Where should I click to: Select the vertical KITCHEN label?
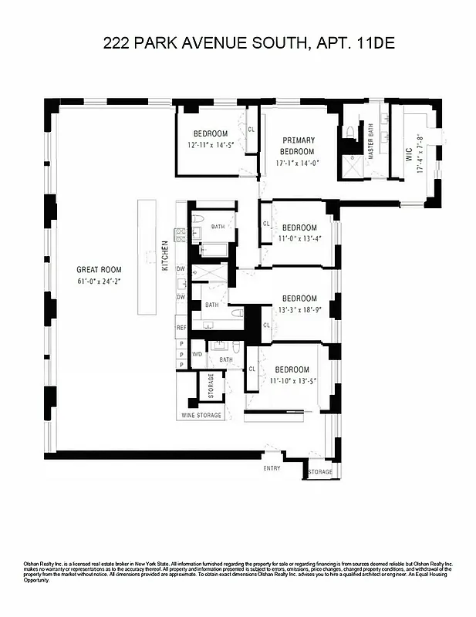(x=164, y=255)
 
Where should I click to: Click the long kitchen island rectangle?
(x=147, y=257)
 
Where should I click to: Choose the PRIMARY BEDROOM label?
(x=298, y=146)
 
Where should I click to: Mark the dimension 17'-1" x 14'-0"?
(x=298, y=163)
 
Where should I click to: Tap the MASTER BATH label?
(x=371, y=143)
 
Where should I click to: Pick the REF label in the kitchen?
(x=181, y=327)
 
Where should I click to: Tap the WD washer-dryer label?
(x=197, y=354)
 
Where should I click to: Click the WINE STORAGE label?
(x=201, y=415)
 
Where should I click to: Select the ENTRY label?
(x=272, y=468)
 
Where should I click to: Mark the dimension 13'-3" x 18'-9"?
(x=299, y=310)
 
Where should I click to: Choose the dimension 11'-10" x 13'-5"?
(x=293, y=381)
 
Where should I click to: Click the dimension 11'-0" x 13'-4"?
(x=299, y=238)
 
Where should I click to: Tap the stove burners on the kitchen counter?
(x=181, y=235)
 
